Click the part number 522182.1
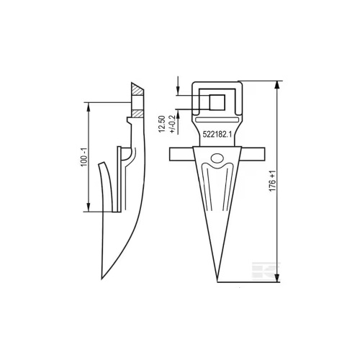(217, 135)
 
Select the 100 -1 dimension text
(84, 157)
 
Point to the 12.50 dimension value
(162, 124)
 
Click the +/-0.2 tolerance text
(172, 124)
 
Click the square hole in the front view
(217, 102)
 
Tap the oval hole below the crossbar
(217, 158)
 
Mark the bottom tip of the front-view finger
(217, 282)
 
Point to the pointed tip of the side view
(102, 279)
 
